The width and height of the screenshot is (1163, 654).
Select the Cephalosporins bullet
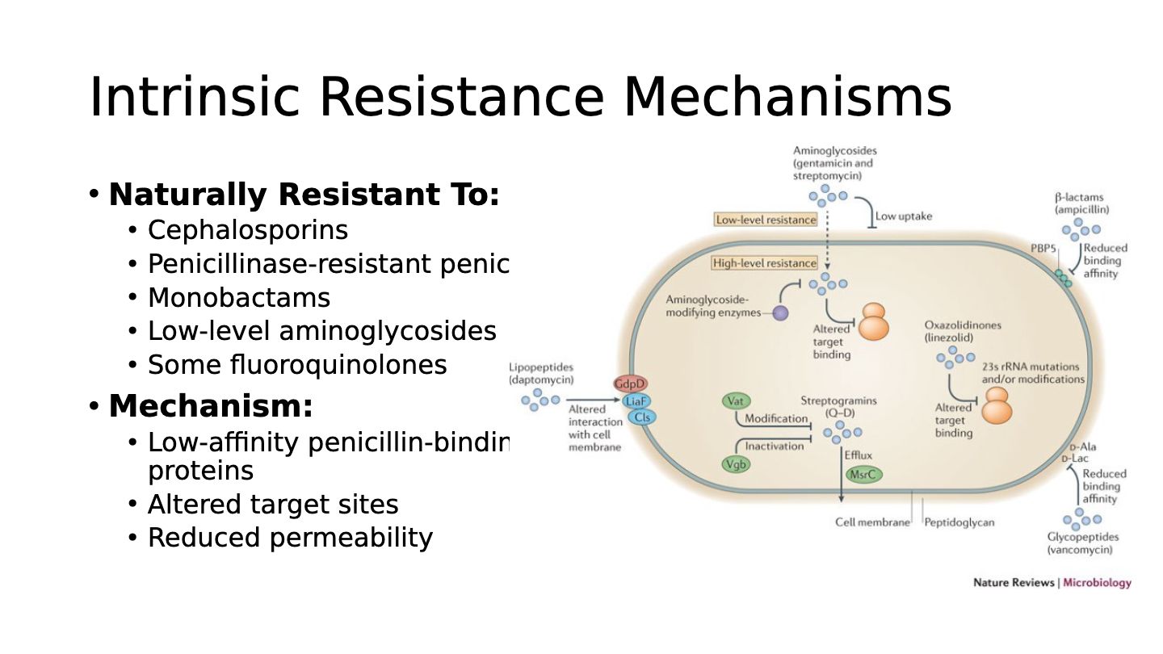pyautogui.click(x=247, y=230)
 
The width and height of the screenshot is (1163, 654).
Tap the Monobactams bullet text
pyautogui.click(x=238, y=298)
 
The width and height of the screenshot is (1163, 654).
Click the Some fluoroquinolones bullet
pyautogui.click(x=296, y=365)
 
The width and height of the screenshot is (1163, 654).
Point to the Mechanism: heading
pyautogui.click(x=210, y=406)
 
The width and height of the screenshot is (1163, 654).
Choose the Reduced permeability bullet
pyautogui.click(x=290, y=538)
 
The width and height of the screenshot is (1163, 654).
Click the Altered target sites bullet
pyautogui.click(x=273, y=505)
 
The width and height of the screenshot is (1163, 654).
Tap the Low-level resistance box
pyautogui.click(x=766, y=220)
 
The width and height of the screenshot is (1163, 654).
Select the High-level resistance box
pyautogui.click(x=764, y=263)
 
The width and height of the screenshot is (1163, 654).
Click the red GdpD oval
pyautogui.click(x=630, y=384)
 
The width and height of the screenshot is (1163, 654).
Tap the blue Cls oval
pyautogui.click(x=643, y=417)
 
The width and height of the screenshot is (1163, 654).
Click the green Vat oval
pyautogui.click(x=734, y=401)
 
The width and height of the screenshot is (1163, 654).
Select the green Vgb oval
pyautogui.click(x=735, y=464)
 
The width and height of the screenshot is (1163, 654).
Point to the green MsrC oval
pyautogui.click(x=863, y=475)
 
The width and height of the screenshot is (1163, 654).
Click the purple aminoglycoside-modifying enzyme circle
pyautogui.click(x=780, y=313)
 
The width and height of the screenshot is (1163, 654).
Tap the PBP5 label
pyautogui.click(x=1043, y=248)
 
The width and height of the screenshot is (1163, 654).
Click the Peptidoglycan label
pyautogui.click(x=959, y=522)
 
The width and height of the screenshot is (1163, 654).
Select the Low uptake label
pyautogui.click(x=904, y=216)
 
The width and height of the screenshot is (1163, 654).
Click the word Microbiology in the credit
pyautogui.click(x=1097, y=583)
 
